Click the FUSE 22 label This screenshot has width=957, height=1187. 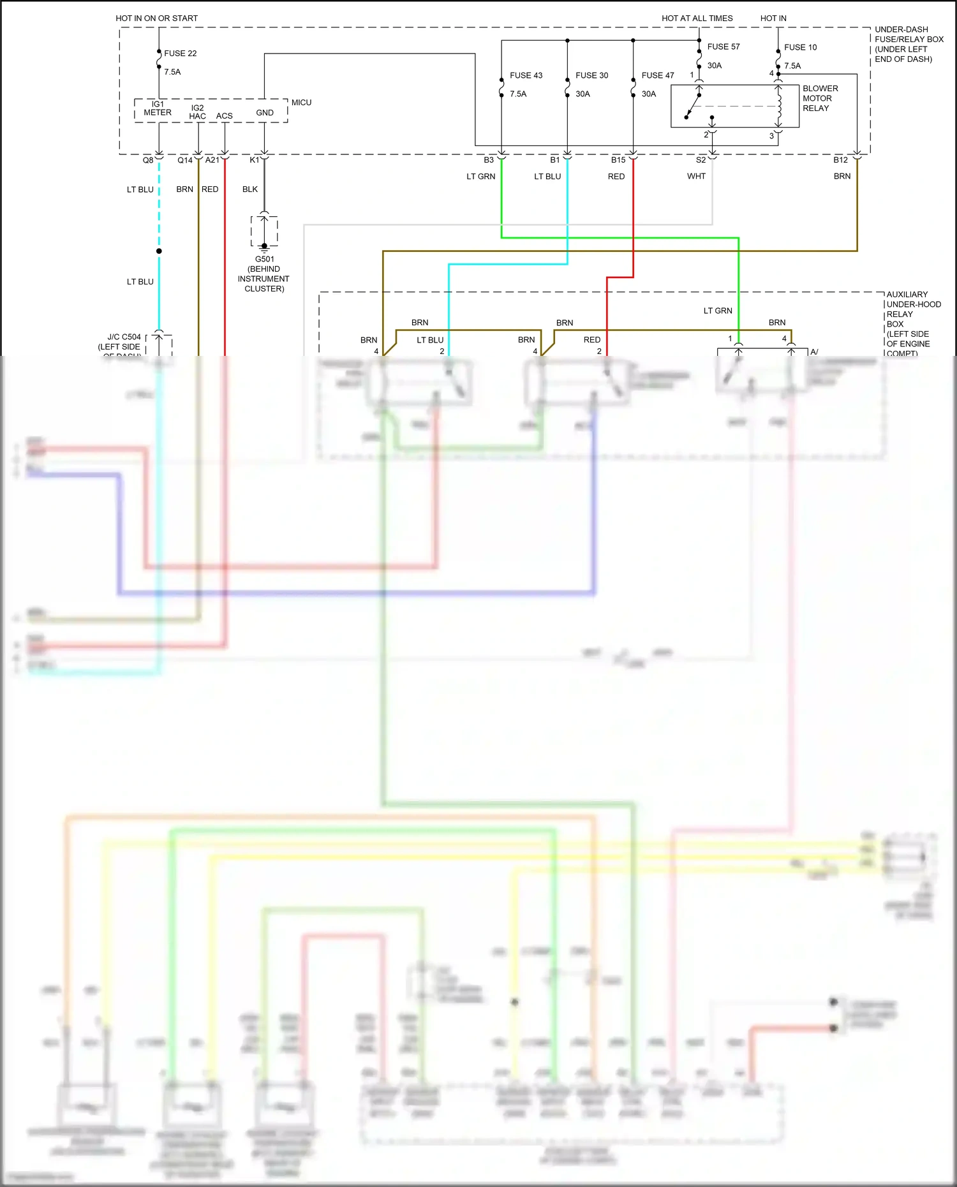[180, 54]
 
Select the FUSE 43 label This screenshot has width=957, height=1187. [526, 75]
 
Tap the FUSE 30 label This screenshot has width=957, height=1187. [591, 75]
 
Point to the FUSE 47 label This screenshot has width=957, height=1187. [658, 75]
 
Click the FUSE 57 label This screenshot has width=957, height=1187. [723, 47]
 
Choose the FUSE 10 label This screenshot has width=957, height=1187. [800, 47]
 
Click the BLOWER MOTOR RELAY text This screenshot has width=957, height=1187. [820, 98]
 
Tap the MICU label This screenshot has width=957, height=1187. [301, 103]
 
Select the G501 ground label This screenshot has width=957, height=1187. [264, 259]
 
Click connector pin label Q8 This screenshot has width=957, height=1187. [148, 160]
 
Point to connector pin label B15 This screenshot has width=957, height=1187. [618, 160]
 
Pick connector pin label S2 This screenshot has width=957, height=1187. [701, 160]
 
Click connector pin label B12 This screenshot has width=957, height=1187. [840, 160]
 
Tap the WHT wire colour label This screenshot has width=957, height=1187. [696, 176]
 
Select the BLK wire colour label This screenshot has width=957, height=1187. [250, 189]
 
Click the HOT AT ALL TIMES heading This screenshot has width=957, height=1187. [697, 18]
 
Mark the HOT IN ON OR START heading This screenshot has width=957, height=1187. [156, 18]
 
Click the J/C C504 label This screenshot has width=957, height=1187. [124, 337]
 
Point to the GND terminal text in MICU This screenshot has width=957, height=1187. [265, 113]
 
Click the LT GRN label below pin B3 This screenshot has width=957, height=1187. [480, 177]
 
